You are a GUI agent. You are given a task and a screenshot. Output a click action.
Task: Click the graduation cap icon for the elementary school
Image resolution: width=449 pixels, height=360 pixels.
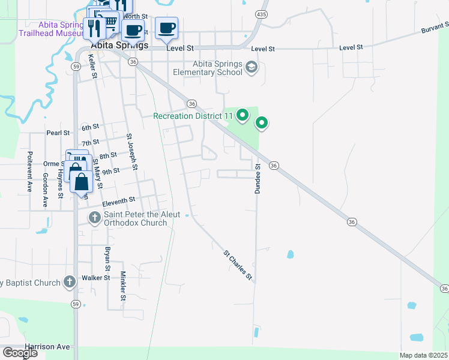tap(252, 68)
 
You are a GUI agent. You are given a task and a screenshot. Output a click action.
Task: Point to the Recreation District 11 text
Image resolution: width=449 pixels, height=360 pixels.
tap(192, 116)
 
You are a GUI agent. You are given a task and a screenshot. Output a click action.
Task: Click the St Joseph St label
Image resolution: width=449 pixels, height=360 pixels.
tap(132, 152)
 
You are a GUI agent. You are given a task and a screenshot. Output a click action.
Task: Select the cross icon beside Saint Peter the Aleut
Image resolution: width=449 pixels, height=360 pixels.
tap(95, 217)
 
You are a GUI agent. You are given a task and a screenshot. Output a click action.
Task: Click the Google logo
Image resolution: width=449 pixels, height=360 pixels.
tap(20, 353)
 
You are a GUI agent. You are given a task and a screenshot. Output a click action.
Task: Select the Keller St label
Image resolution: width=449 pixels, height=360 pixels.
tap(92, 65)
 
